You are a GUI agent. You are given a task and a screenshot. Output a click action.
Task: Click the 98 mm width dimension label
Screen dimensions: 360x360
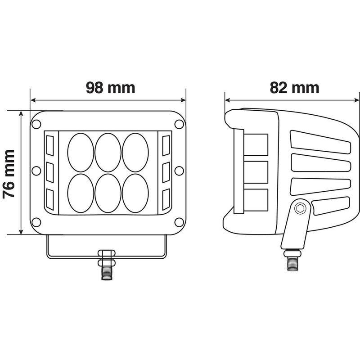110,87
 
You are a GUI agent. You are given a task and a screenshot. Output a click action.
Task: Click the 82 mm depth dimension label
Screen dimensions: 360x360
295,87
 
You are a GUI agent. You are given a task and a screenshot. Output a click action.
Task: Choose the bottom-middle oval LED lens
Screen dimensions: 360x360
108,193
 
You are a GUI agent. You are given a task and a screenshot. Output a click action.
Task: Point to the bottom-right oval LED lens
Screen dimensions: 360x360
135,193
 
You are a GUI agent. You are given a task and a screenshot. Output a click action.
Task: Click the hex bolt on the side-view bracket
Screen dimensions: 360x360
301,209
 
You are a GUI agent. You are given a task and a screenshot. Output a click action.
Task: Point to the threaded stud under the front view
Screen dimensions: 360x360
107,270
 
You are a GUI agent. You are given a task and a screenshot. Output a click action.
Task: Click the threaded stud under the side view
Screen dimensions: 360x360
292,261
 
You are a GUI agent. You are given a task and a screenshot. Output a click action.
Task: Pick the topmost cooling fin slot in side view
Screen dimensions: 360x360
321,139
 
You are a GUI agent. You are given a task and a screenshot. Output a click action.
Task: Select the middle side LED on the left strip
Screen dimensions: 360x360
49,171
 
